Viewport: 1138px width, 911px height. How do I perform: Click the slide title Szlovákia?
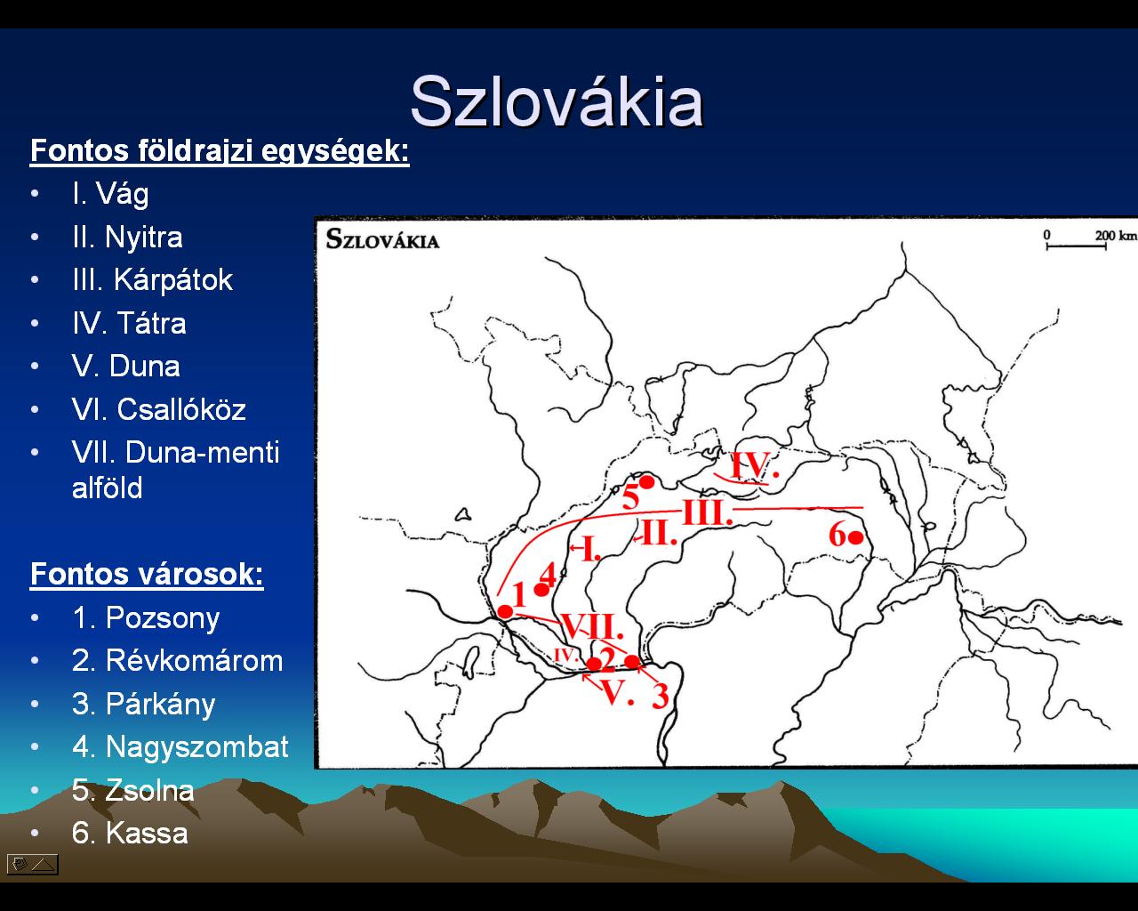click(x=557, y=101)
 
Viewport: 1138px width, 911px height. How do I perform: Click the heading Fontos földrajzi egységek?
click(x=220, y=151)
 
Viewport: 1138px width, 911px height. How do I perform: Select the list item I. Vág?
click(x=110, y=194)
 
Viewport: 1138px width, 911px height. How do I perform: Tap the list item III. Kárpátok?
click(x=152, y=279)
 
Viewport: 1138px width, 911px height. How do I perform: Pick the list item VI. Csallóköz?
click(x=158, y=409)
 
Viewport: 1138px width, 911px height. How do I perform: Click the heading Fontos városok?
click(x=147, y=574)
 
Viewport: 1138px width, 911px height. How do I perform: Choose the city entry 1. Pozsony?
click(x=146, y=618)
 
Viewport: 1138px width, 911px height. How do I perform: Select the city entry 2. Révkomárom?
click(x=177, y=661)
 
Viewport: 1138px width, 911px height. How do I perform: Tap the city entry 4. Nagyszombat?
click(x=180, y=747)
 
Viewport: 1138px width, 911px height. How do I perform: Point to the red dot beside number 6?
click(x=855, y=538)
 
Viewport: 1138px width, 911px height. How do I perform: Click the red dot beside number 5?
click(x=646, y=482)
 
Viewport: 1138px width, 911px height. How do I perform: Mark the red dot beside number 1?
click(x=505, y=612)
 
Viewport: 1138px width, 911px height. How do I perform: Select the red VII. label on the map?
click(x=592, y=626)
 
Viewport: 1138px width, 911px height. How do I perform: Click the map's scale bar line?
click(x=1076, y=246)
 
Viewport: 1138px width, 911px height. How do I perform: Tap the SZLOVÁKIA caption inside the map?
click(x=382, y=239)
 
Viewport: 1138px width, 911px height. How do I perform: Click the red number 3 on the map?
click(x=661, y=695)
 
